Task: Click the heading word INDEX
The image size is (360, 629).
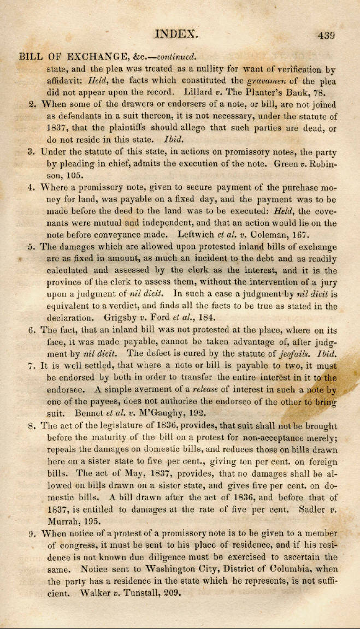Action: pyautogui.click(x=176, y=34)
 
